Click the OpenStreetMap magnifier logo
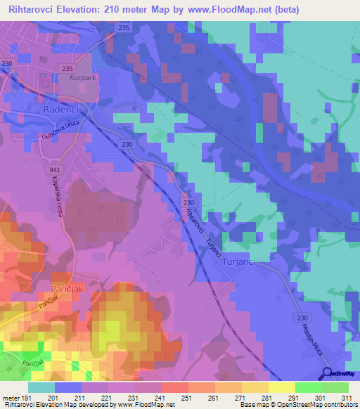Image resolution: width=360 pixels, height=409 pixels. pos(326,373)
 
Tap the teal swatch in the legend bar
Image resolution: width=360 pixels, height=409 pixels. pos(41,387)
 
